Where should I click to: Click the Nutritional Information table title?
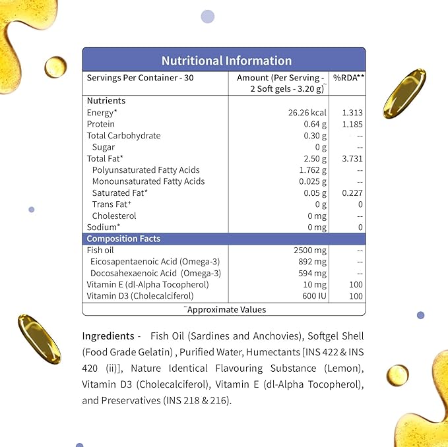[226, 61]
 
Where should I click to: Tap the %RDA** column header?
[348, 78]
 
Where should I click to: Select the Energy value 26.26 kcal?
[304, 113]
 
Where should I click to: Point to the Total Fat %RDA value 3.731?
[350, 158]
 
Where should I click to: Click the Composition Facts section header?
[123, 239]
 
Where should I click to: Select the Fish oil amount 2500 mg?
[310, 251]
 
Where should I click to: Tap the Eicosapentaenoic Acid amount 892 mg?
[313, 262]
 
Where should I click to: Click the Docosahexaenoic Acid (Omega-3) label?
[155, 273]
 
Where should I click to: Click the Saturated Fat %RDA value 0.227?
[350, 193]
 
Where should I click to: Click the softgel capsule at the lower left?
[39, 337]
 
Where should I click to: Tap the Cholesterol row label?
[114, 216]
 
